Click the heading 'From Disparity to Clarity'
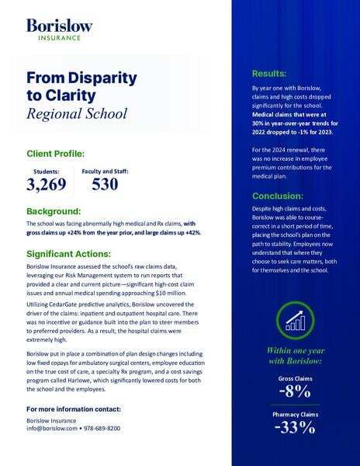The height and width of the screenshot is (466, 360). pos(81,88)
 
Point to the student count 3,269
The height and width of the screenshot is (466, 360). pos(47,185)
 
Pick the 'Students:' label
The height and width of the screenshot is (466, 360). pos(46,171)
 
